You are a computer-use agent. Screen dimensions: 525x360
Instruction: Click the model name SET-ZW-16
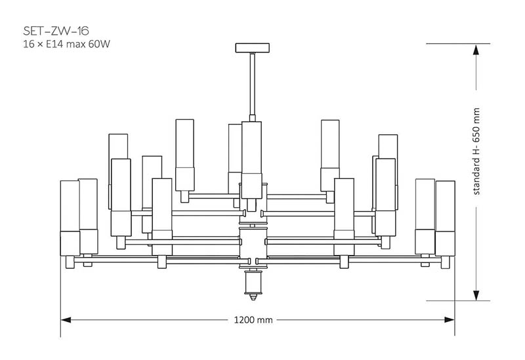pyautogui.click(x=56, y=31)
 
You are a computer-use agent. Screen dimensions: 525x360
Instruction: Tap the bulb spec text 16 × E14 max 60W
pyautogui.click(x=67, y=44)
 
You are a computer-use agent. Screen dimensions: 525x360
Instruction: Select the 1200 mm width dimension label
pyautogui.click(x=253, y=320)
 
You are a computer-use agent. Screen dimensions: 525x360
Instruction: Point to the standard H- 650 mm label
pyautogui.click(x=476, y=151)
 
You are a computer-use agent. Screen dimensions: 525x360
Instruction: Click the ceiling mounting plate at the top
pyautogui.click(x=253, y=48)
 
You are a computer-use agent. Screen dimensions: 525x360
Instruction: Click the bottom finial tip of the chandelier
pyautogui.click(x=253, y=297)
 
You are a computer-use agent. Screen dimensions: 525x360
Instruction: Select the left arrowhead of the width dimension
pyautogui.click(x=66, y=320)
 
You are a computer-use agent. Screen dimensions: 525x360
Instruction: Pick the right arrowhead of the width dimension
pyautogui.click(x=450, y=320)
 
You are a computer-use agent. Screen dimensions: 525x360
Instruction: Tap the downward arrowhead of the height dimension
pyautogui.click(x=476, y=295)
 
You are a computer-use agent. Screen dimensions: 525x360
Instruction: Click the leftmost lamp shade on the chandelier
pyautogui.click(x=70, y=218)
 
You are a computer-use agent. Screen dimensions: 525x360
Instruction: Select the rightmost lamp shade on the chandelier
pyautogui.click(x=446, y=218)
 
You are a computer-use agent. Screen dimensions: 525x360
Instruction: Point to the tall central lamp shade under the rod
pyautogui.click(x=252, y=160)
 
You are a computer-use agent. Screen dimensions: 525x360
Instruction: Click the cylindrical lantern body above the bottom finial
pyautogui.click(x=253, y=282)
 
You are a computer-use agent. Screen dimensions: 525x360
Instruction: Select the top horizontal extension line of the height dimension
pyautogui.click(x=458, y=43)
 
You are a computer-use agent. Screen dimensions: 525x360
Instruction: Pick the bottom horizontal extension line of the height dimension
pyautogui.click(x=458, y=300)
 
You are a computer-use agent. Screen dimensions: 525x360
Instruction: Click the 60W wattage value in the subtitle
pyautogui.click(x=99, y=44)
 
